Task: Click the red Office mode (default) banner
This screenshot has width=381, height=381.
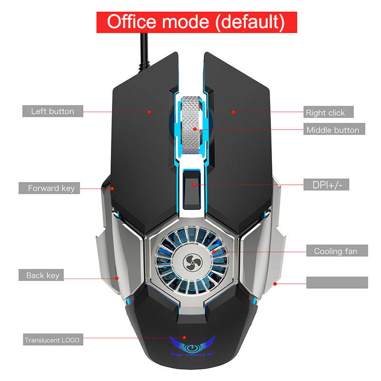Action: [196, 22]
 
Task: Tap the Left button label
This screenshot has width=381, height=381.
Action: [52, 111]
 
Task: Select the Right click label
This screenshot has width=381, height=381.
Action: [328, 112]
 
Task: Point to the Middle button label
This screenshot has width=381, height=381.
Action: [332, 130]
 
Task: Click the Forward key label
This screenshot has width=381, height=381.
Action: [51, 188]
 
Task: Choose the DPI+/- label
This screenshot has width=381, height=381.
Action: [326, 184]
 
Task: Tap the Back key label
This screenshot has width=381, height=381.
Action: [42, 275]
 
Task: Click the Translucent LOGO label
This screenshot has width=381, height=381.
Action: [52, 340]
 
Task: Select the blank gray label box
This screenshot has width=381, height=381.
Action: [337, 282]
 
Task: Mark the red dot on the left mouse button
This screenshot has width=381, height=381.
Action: [149, 112]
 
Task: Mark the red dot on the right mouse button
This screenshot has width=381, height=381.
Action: [234, 112]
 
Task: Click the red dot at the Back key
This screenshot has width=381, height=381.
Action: [117, 278]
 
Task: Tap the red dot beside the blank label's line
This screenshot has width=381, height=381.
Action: [275, 284]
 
